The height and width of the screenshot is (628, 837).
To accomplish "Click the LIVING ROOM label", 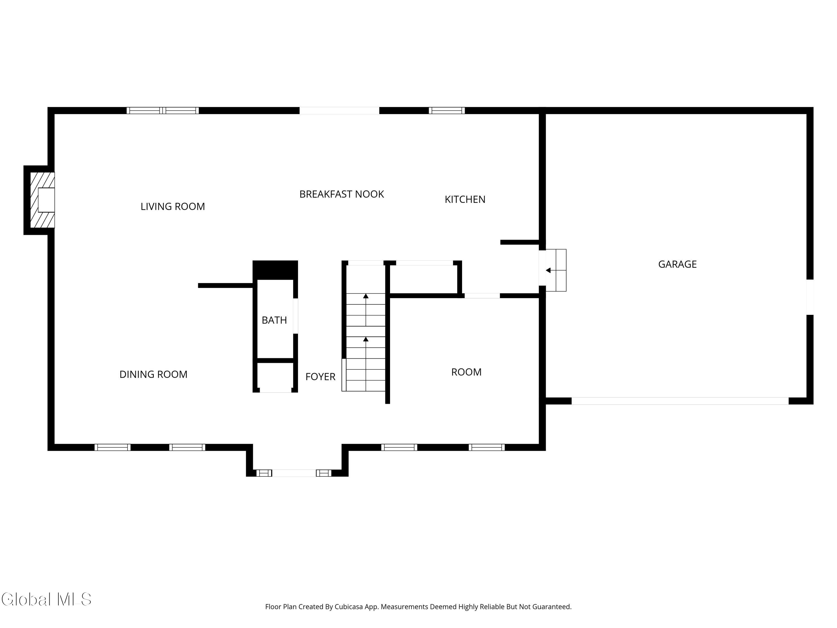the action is click(x=172, y=206).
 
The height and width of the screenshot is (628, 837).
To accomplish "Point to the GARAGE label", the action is click(x=677, y=264).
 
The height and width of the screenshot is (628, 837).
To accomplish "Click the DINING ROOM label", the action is click(x=153, y=374).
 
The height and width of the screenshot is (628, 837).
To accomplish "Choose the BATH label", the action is click(x=274, y=320).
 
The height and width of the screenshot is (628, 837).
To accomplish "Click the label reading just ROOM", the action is click(x=466, y=372).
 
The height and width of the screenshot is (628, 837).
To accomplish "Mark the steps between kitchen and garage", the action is click(x=556, y=270).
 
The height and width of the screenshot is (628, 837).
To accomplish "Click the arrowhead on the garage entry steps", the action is click(x=548, y=270).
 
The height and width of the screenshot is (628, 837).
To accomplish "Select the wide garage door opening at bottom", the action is click(x=680, y=401).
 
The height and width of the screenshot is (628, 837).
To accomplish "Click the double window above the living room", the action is click(x=163, y=111).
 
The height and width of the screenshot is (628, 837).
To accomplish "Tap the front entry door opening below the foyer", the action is click(x=294, y=473).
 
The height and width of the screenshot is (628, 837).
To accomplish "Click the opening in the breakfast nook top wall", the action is click(x=340, y=111).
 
